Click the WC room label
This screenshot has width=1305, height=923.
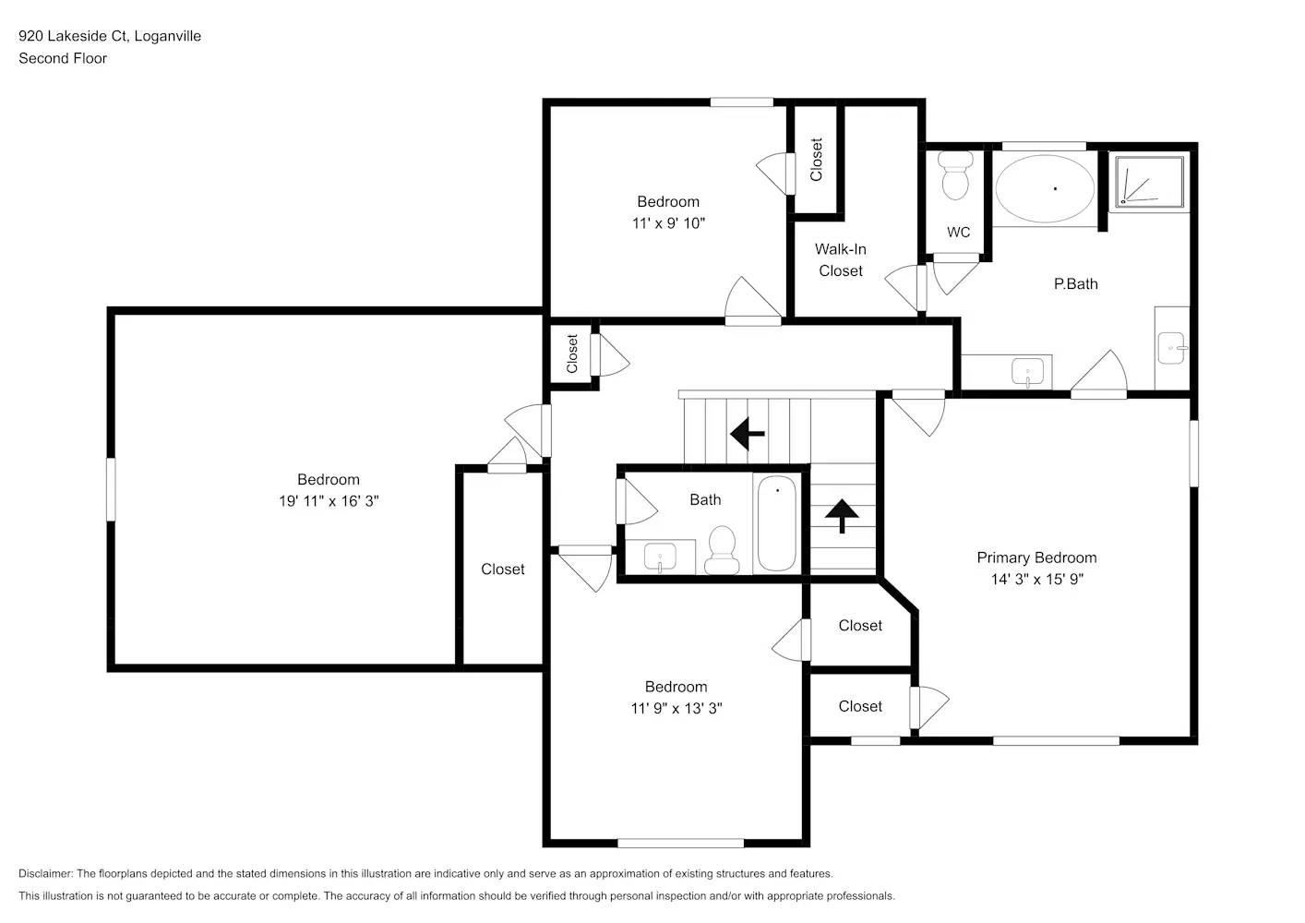(x=958, y=233)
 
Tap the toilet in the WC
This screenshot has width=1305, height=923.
(x=955, y=175)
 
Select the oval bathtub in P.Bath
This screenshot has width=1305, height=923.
(x=1045, y=188)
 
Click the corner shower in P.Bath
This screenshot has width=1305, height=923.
(x=1149, y=181)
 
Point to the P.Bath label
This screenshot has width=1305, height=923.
(x=1075, y=284)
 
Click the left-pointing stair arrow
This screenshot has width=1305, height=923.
(x=748, y=432)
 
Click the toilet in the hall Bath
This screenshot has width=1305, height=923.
(x=721, y=550)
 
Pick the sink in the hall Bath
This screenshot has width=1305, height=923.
(x=660, y=557)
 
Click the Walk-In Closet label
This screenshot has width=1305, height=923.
(x=840, y=260)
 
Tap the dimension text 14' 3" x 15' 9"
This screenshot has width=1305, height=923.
(x=1036, y=580)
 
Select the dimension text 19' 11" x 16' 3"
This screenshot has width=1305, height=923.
(x=329, y=501)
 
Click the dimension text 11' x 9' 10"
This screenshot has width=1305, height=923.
(x=668, y=223)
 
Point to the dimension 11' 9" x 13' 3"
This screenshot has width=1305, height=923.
(x=676, y=709)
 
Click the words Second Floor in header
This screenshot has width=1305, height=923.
(x=63, y=58)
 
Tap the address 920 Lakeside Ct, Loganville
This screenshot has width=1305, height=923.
(x=110, y=36)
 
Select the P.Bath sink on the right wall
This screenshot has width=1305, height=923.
(x=1172, y=349)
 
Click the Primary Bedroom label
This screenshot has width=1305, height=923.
(x=1036, y=557)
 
